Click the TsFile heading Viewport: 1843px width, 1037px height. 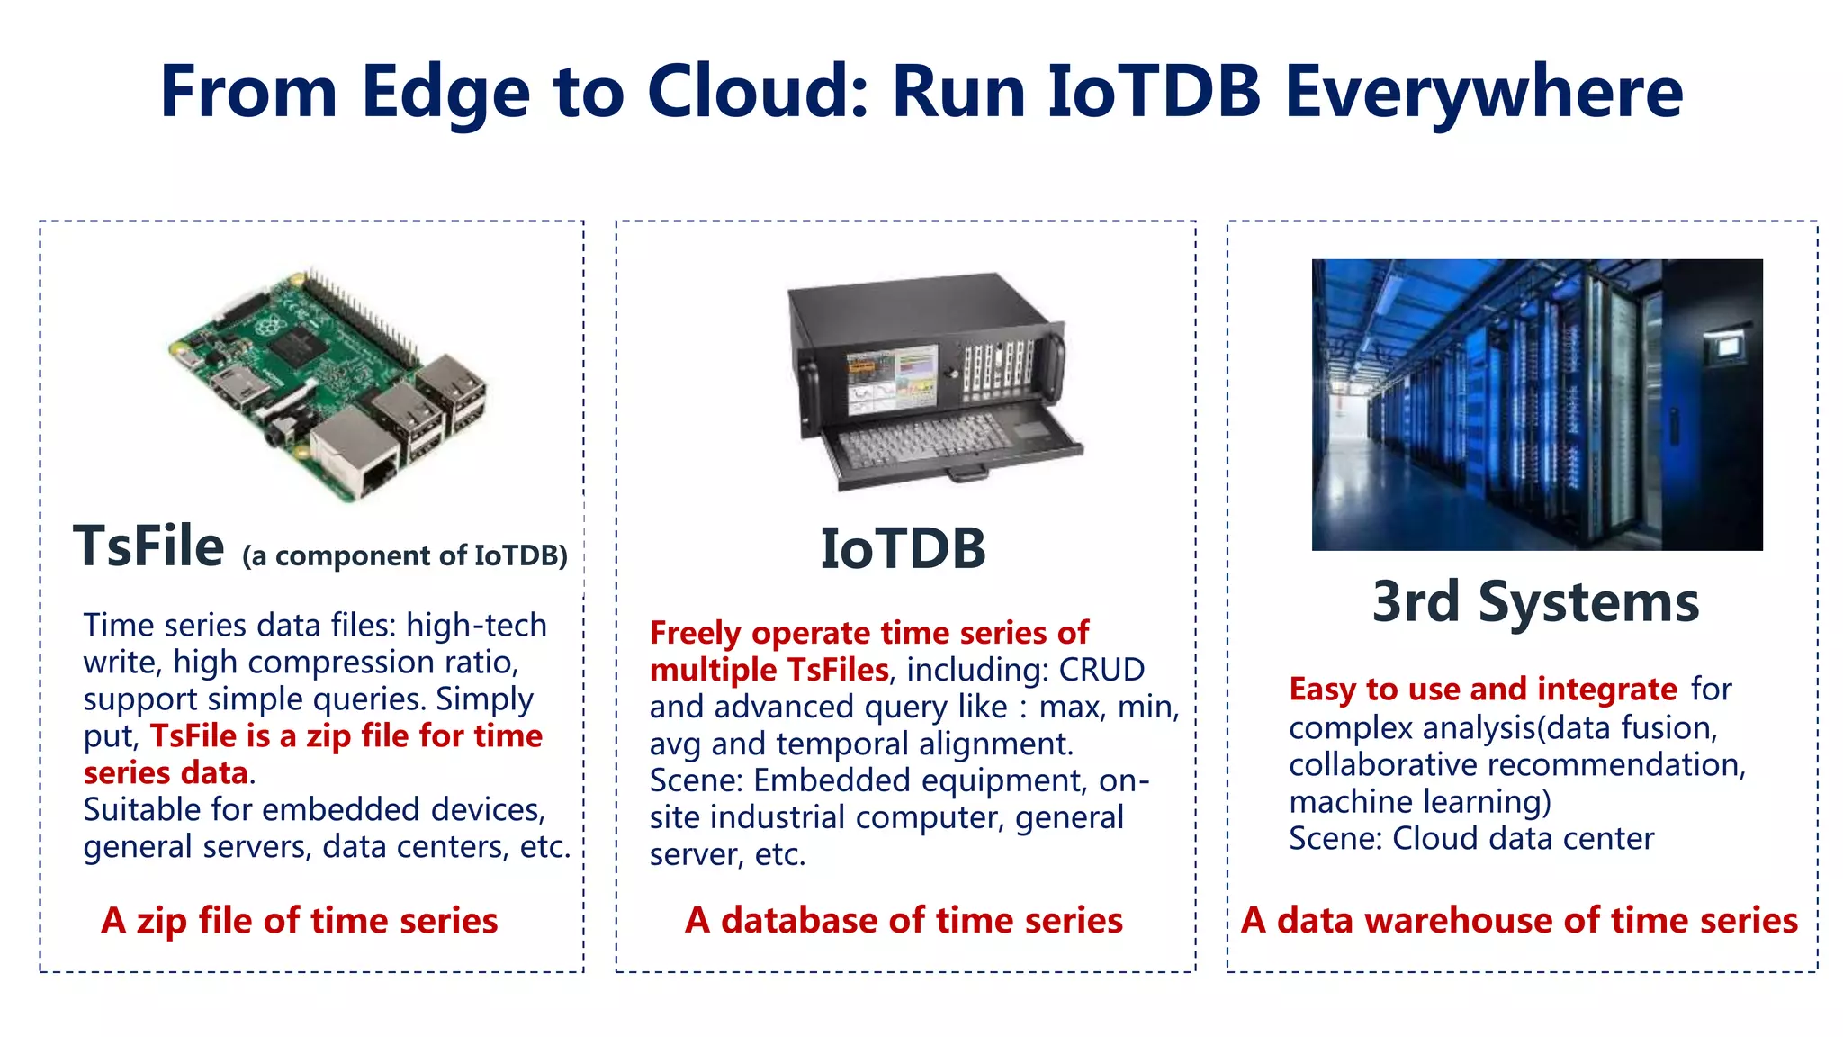coord(149,546)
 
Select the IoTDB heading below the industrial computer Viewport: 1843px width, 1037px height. coord(903,548)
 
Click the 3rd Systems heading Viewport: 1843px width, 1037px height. coord(1535,601)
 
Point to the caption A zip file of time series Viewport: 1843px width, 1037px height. coord(300,920)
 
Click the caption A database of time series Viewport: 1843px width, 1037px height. coord(904,920)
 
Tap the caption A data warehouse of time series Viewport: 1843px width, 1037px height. coord(1519,920)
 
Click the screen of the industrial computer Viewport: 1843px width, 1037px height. coord(892,381)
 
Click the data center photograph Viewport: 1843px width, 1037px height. coord(1536,404)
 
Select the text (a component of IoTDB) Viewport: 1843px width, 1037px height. coord(405,555)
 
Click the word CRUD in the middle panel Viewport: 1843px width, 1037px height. coord(1101,670)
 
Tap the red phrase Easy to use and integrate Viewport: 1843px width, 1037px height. coord(1482,689)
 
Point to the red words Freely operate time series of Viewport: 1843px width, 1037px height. coord(868,633)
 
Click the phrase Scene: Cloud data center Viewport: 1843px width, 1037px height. coord(1470,838)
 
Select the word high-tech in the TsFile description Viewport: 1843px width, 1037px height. coord(476,625)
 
